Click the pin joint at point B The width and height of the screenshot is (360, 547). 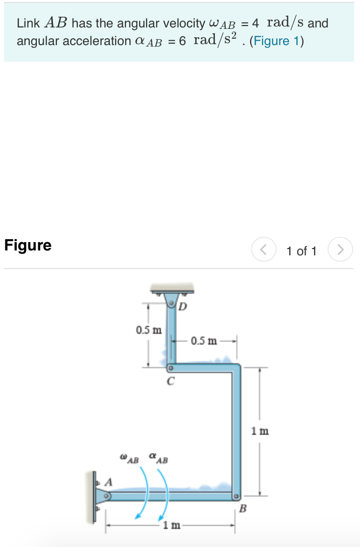click(x=236, y=496)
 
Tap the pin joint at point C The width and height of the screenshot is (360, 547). click(x=171, y=367)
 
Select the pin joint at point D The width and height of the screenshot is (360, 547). click(x=171, y=304)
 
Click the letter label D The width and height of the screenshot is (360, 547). click(x=182, y=308)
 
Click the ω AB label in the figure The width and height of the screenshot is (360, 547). click(x=129, y=459)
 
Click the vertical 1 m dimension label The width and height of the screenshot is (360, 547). click(x=260, y=431)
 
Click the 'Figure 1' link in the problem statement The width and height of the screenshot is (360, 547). click(x=276, y=41)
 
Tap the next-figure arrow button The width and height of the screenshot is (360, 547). click(x=340, y=250)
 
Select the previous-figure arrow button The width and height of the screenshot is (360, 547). click(x=264, y=250)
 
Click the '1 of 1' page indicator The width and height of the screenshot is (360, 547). click(x=302, y=251)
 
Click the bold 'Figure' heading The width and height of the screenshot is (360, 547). click(x=28, y=245)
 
